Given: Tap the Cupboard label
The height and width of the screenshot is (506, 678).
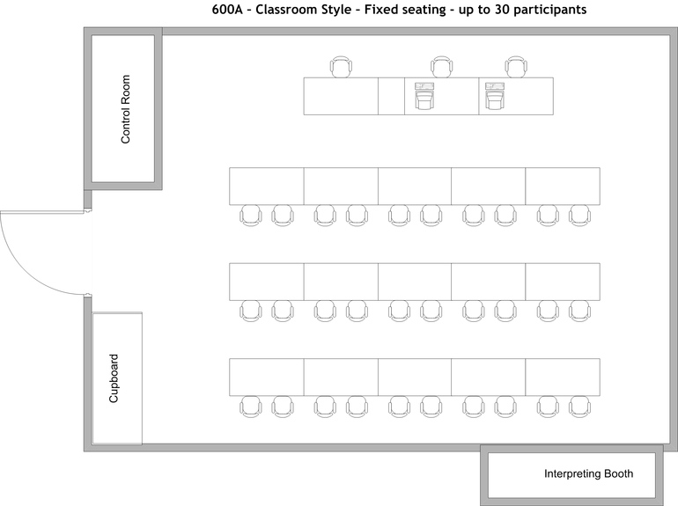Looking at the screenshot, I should (114, 378).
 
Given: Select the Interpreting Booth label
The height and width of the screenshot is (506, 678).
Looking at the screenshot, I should (588, 474).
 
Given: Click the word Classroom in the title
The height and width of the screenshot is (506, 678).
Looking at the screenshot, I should (288, 10).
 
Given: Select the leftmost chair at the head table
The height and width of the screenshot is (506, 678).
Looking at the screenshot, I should (342, 67).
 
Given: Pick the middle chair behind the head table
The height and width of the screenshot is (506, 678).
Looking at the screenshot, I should (441, 67).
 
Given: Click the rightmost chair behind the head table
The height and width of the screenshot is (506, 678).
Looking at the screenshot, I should (515, 67).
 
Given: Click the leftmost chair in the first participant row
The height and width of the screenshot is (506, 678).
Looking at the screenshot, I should (251, 215).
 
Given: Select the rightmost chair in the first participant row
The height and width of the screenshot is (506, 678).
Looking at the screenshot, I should (579, 215).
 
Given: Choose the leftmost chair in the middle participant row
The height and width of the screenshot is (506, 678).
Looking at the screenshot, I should (251, 310).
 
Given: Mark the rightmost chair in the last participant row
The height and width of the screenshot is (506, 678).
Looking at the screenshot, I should (579, 405).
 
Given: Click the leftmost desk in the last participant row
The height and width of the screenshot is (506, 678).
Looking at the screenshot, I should (267, 376).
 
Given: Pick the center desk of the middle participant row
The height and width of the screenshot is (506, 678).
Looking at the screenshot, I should (415, 281).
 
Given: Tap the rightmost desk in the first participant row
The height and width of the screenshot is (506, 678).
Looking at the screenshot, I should (563, 186).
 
